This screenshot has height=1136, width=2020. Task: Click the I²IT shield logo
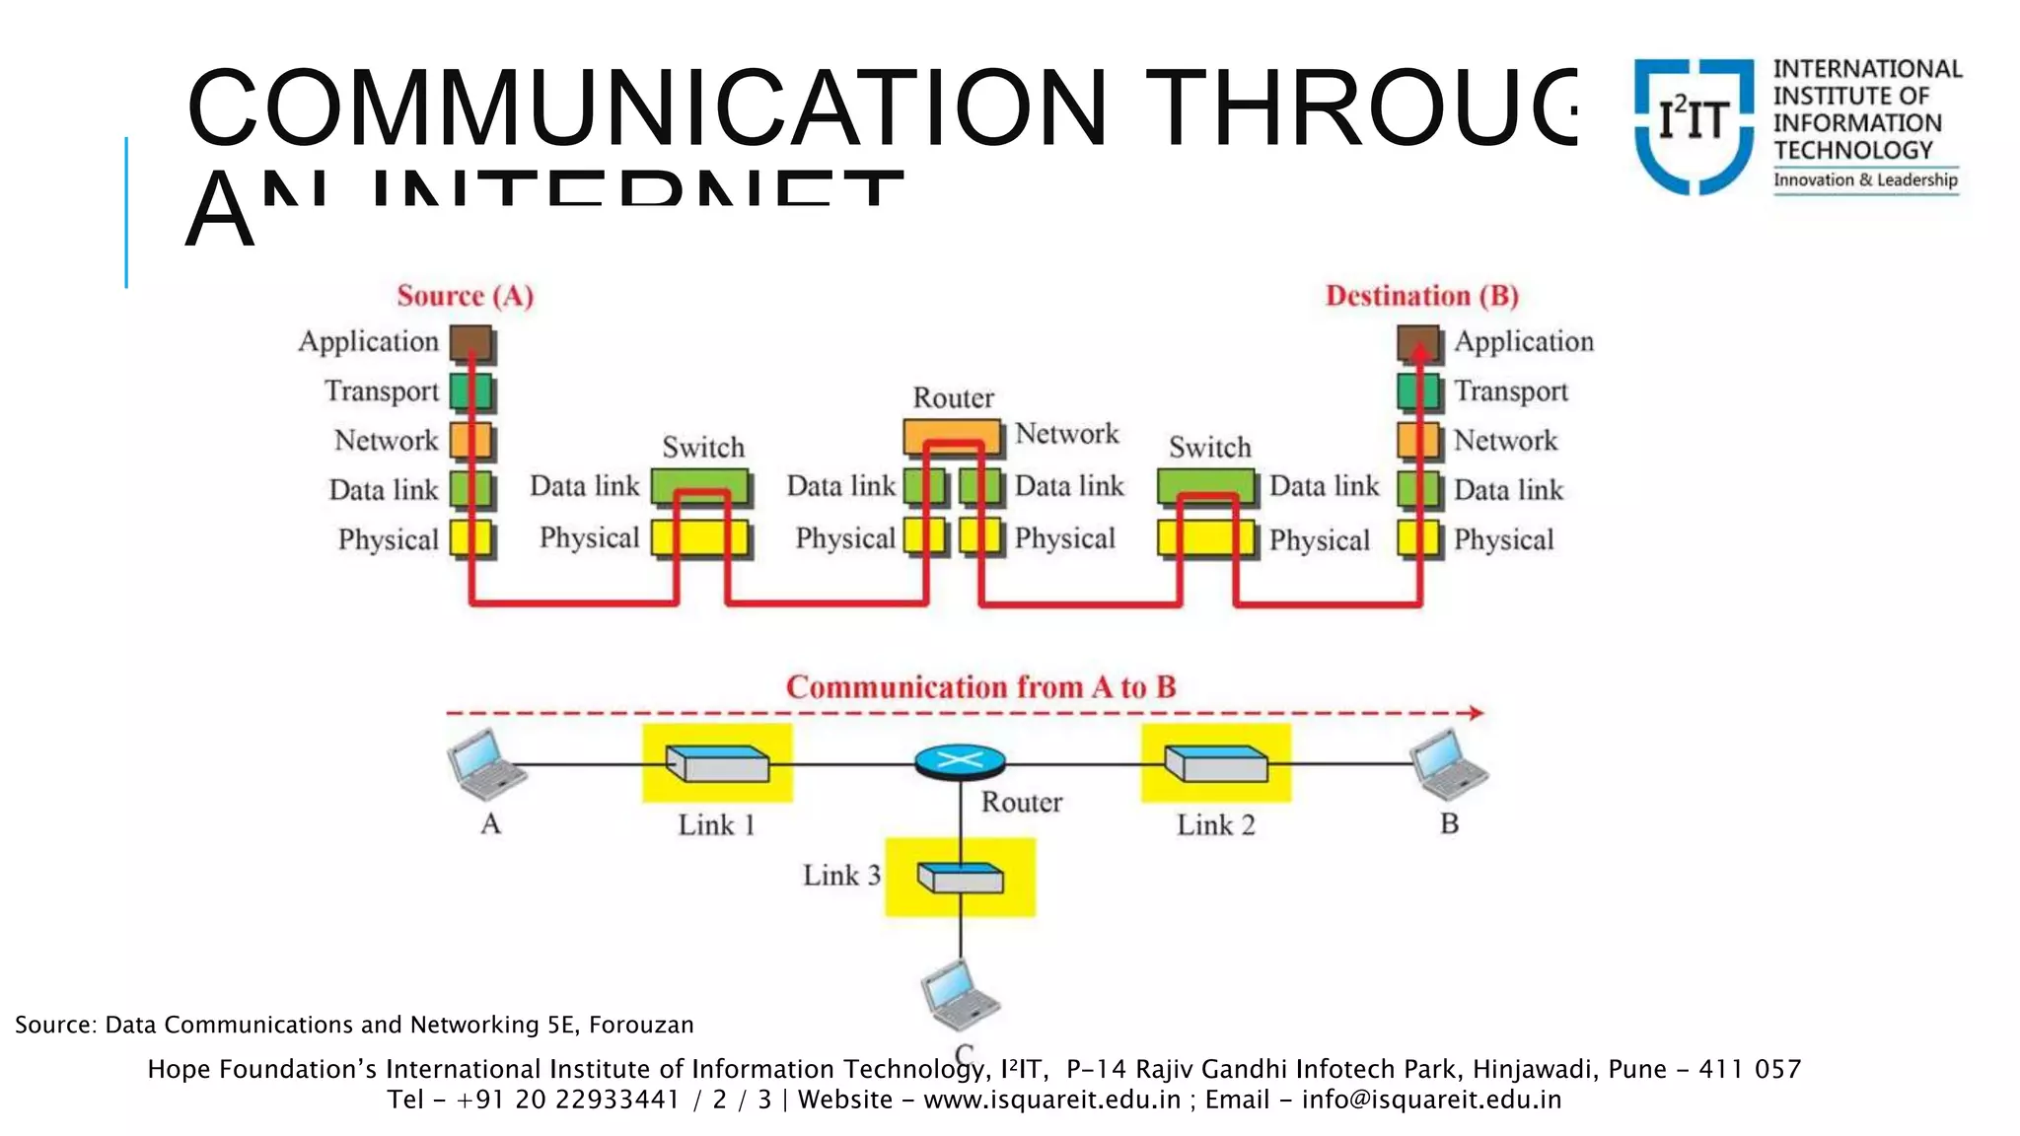point(1694,124)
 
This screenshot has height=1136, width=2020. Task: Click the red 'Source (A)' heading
point(465,296)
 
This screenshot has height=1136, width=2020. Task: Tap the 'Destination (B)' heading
point(1421,296)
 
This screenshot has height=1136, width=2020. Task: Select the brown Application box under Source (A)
point(471,343)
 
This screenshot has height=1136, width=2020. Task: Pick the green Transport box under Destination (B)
point(1418,391)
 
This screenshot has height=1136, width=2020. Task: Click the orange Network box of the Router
point(953,436)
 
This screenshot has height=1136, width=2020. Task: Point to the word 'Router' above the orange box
point(953,397)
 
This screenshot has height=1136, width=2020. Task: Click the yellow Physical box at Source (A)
point(471,538)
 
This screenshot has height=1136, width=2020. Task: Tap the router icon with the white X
point(960,761)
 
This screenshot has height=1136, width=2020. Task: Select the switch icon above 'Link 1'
point(717,763)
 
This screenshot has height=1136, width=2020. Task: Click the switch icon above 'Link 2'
point(1216,763)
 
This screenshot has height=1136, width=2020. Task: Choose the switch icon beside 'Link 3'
point(960,877)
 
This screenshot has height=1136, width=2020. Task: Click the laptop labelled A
point(485,764)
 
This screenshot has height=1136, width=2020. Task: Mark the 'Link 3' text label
point(840,875)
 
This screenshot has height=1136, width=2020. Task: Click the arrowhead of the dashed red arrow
point(1476,713)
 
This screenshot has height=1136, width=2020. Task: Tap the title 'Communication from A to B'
point(980,686)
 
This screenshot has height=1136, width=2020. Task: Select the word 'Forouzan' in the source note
point(641,1025)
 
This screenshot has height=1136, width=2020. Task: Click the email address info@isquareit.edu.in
point(1431,1100)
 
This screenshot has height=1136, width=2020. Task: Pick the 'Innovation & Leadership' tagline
point(1865,179)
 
